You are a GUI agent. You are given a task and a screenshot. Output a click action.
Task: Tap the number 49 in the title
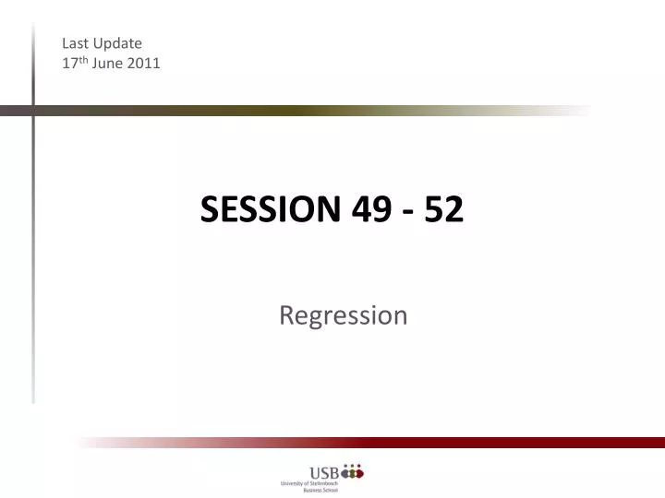coord(370,211)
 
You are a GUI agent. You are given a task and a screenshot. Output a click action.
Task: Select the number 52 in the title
coord(443,211)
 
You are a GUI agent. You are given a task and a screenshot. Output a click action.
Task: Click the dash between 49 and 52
coord(406,213)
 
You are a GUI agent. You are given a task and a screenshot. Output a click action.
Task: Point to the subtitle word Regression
coord(343,315)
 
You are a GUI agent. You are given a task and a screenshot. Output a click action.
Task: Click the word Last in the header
coord(76,42)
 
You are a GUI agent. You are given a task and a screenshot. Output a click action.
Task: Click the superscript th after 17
coord(82,60)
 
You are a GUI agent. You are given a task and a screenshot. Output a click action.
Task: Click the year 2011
coord(144,64)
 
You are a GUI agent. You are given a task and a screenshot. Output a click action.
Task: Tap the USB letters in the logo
coord(323,474)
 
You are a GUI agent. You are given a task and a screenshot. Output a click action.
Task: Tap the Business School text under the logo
coord(320,492)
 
